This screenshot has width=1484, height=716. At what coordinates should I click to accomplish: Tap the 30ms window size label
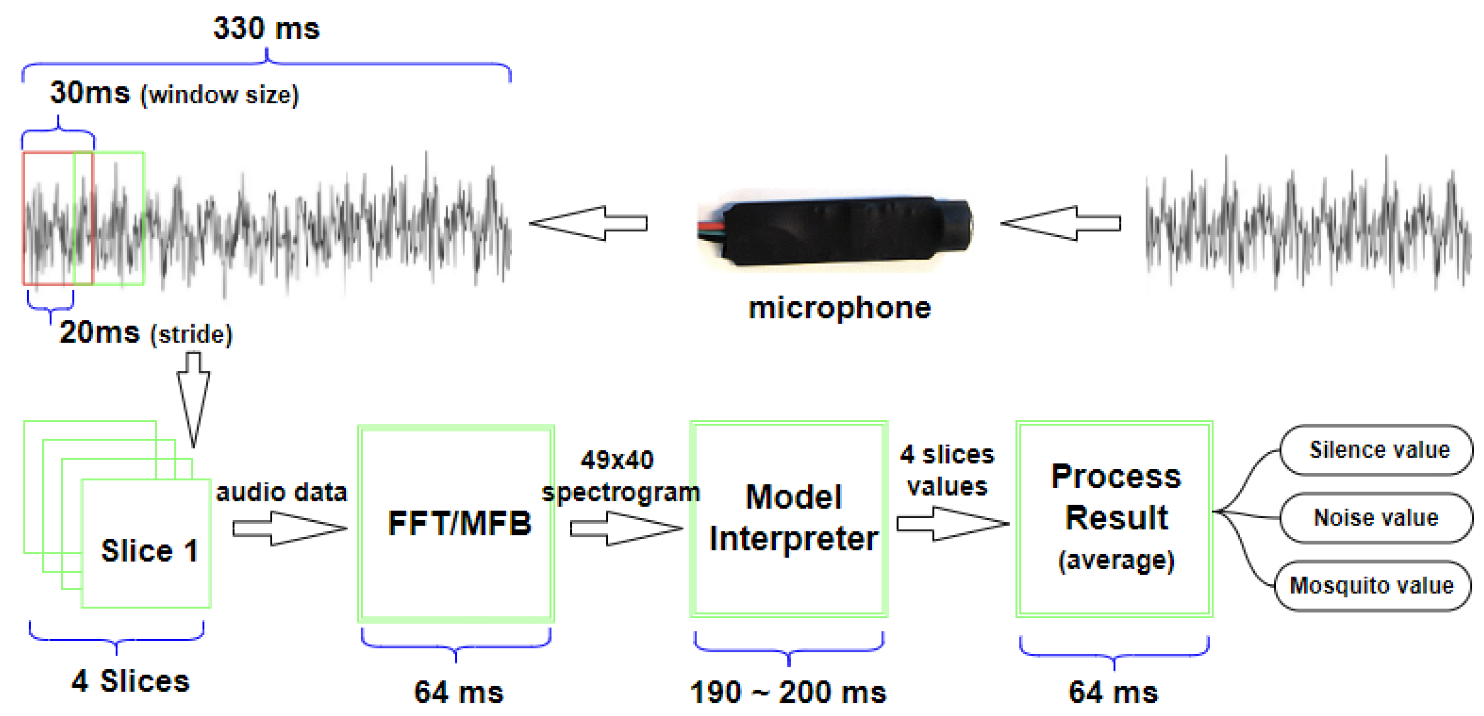point(174,94)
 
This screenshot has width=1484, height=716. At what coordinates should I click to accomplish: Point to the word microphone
point(839,308)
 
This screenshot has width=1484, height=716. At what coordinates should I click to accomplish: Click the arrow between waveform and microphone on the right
point(1061,223)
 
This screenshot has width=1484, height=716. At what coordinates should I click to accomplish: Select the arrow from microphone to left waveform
point(588,223)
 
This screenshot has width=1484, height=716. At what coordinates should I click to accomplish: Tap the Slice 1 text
point(150,551)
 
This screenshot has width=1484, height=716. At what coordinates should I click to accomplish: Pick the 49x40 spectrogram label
point(620,476)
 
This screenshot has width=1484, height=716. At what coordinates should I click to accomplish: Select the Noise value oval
point(1376,518)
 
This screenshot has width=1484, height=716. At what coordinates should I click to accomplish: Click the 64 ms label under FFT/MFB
point(458,692)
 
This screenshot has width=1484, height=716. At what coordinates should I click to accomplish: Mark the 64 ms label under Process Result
point(1113,692)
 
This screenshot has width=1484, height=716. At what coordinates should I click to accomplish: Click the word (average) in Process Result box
point(1116,560)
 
